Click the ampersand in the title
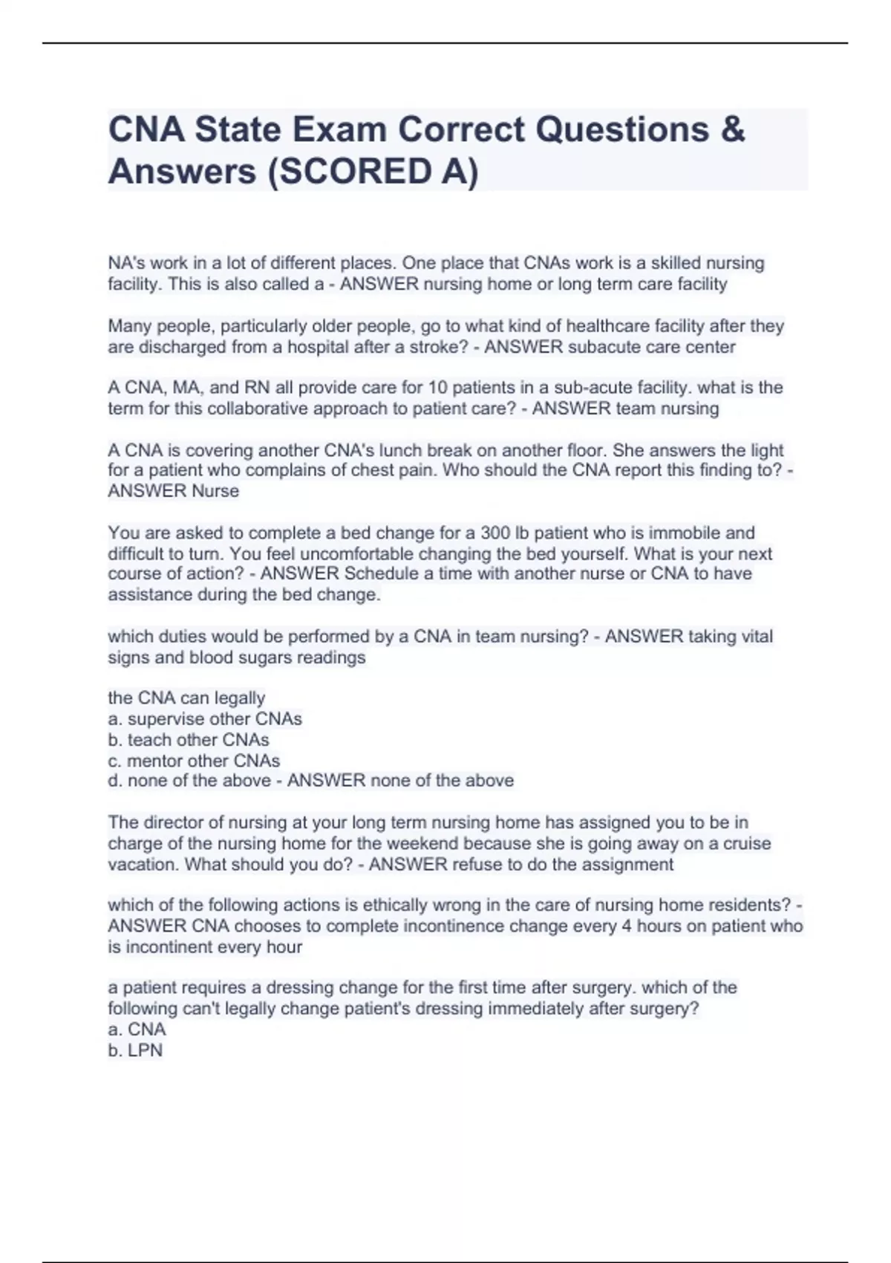coord(732,130)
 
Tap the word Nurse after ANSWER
coord(215,491)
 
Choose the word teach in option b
coord(150,740)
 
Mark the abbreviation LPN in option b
coord(146,1051)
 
